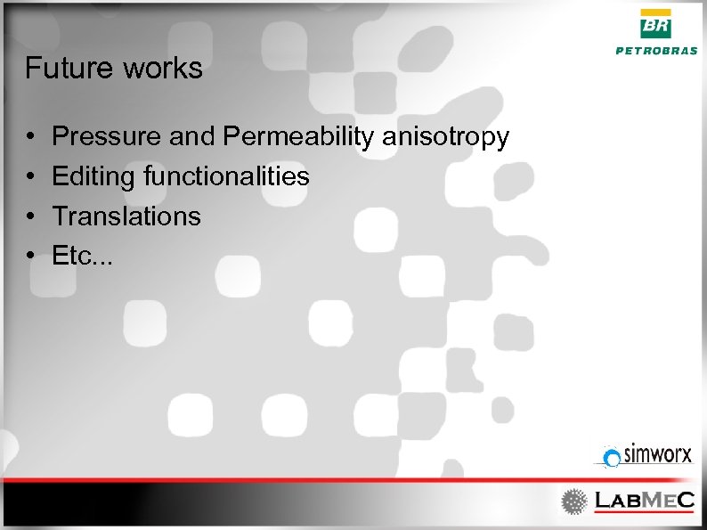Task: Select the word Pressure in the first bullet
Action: pyautogui.click(x=106, y=136)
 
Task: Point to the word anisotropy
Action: pyautogui.click(x=446, y=138)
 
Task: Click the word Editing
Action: pyautogui.click(x=93, y=177)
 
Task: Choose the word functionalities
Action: pyautogui.click(x=226, y=176)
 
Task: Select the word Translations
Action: pyautogui.click(x=126, y=216)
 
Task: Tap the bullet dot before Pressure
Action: pyautogui.click(x=30, y=138)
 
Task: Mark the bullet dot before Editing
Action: pyautogui.click(x=30, y=177)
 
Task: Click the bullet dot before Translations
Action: pyautogui.click(x=30, y=216)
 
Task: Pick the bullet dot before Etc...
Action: pyautogui.click(x=30, y=257)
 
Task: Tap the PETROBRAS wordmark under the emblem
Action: pyautogui.click(x=657, y=51)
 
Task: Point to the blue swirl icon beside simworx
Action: pyautogui.click(x=611, y=458)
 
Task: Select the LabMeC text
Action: pyautogui.click(x=644, y=501)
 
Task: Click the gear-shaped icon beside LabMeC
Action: pyautogui.click(x=573, y=501)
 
